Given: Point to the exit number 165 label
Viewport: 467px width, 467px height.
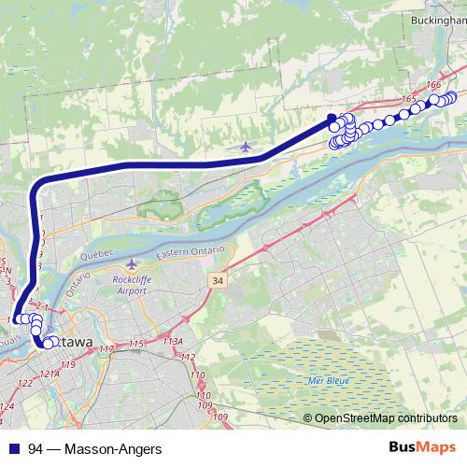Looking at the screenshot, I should coord(406,98).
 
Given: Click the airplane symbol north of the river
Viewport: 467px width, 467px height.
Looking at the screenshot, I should coord(246,146).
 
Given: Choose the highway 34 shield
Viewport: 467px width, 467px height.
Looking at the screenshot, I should coord(219,280).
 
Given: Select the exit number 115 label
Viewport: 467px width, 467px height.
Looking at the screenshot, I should coord(136,345).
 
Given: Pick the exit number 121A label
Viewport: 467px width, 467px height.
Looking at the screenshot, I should coord(49,374).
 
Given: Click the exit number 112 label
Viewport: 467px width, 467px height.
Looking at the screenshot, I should coord(188,358).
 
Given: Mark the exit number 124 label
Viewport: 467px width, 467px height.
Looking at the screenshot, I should coord(7,406).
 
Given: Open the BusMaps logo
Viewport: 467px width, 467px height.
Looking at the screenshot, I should coord(421,447).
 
